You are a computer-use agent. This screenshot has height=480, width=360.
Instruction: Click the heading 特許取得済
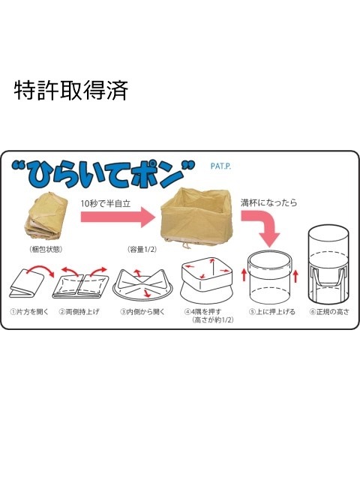[x=71, y=90]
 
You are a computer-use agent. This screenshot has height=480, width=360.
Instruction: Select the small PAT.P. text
[x=223, y=166]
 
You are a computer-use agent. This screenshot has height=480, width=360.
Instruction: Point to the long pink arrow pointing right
[x=112, y=219]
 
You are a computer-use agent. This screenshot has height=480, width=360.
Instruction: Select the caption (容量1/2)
[x=144, y=248]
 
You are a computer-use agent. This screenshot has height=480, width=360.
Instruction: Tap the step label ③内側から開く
[x=142, y=311]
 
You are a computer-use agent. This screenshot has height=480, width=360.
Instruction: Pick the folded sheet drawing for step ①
[x=28, y=284]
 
